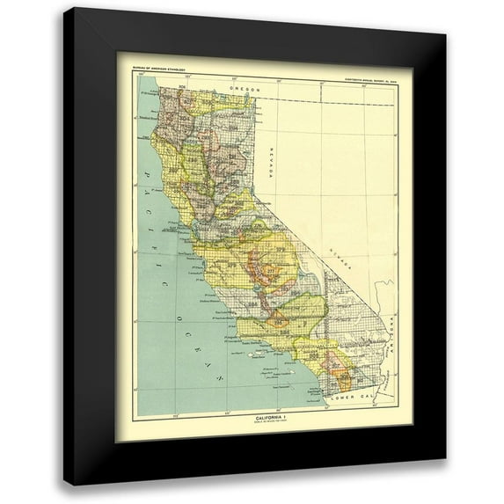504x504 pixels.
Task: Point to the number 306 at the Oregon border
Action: (183, 86)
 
